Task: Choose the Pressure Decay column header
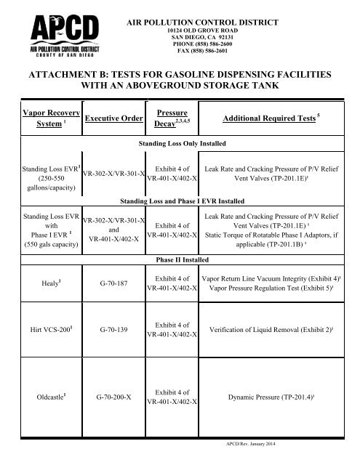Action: click(x=169, y=118)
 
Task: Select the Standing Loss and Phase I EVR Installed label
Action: click(x=180, y=199)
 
